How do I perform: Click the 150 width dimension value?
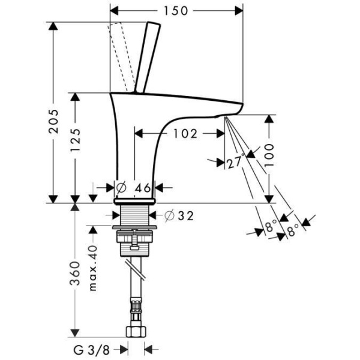178,10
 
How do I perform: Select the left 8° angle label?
271,227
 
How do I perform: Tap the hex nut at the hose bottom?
137,332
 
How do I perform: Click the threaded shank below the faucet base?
136,214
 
